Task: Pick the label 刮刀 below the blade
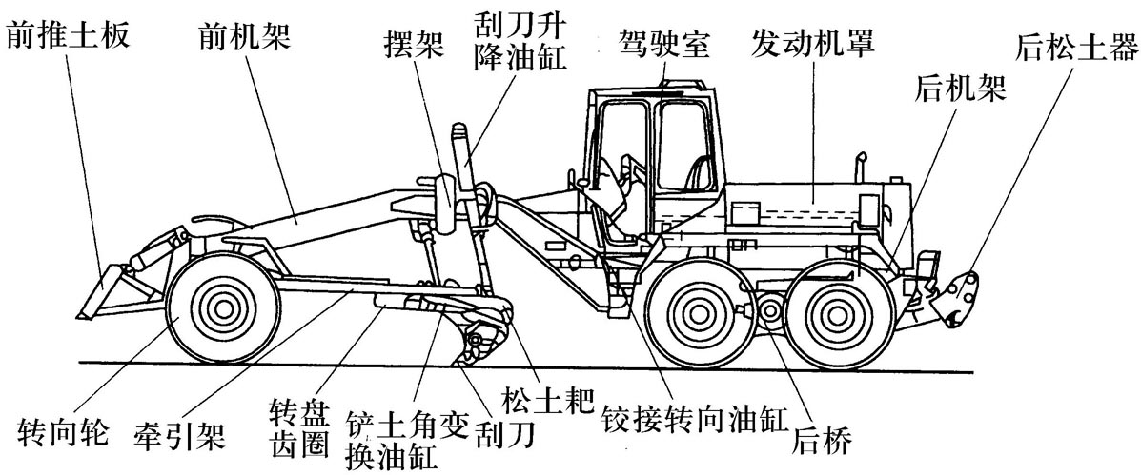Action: [x=508, y=434]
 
